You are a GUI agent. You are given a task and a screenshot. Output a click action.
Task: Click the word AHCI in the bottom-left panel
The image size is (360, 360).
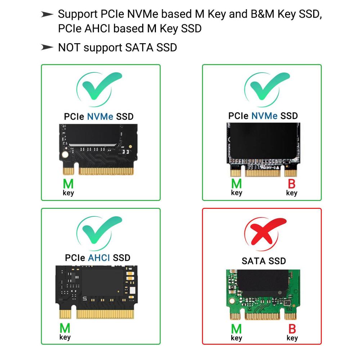point(99,258)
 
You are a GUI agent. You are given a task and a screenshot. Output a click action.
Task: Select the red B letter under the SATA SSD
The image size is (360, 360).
point(292,329)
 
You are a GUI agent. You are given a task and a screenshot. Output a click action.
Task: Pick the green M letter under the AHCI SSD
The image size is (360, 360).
point(65,328)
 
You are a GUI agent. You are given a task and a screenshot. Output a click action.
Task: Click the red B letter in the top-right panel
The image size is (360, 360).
point(292,184)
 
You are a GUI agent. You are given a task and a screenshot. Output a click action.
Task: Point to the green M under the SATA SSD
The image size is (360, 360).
point(237,329)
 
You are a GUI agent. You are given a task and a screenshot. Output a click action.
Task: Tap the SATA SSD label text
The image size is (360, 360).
point(264,261)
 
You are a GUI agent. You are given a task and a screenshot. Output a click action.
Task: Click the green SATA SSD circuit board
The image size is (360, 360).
point(263,294)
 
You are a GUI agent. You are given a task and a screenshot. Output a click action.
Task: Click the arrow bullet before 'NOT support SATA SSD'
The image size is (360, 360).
point(47,47)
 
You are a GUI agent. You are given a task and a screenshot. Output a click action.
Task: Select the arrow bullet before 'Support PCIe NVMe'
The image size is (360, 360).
point(47,14)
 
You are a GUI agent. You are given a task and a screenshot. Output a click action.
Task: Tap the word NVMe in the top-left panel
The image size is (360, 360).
point(100,117)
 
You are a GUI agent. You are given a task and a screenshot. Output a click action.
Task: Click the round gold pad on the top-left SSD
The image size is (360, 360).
point(65,154)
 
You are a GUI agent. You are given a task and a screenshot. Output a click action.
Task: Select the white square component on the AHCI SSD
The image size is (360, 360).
point(132,291)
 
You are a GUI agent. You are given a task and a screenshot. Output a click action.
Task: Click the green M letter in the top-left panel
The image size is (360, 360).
point(68,184)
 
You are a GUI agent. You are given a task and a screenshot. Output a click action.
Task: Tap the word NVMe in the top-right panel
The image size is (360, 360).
point(265,116)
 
